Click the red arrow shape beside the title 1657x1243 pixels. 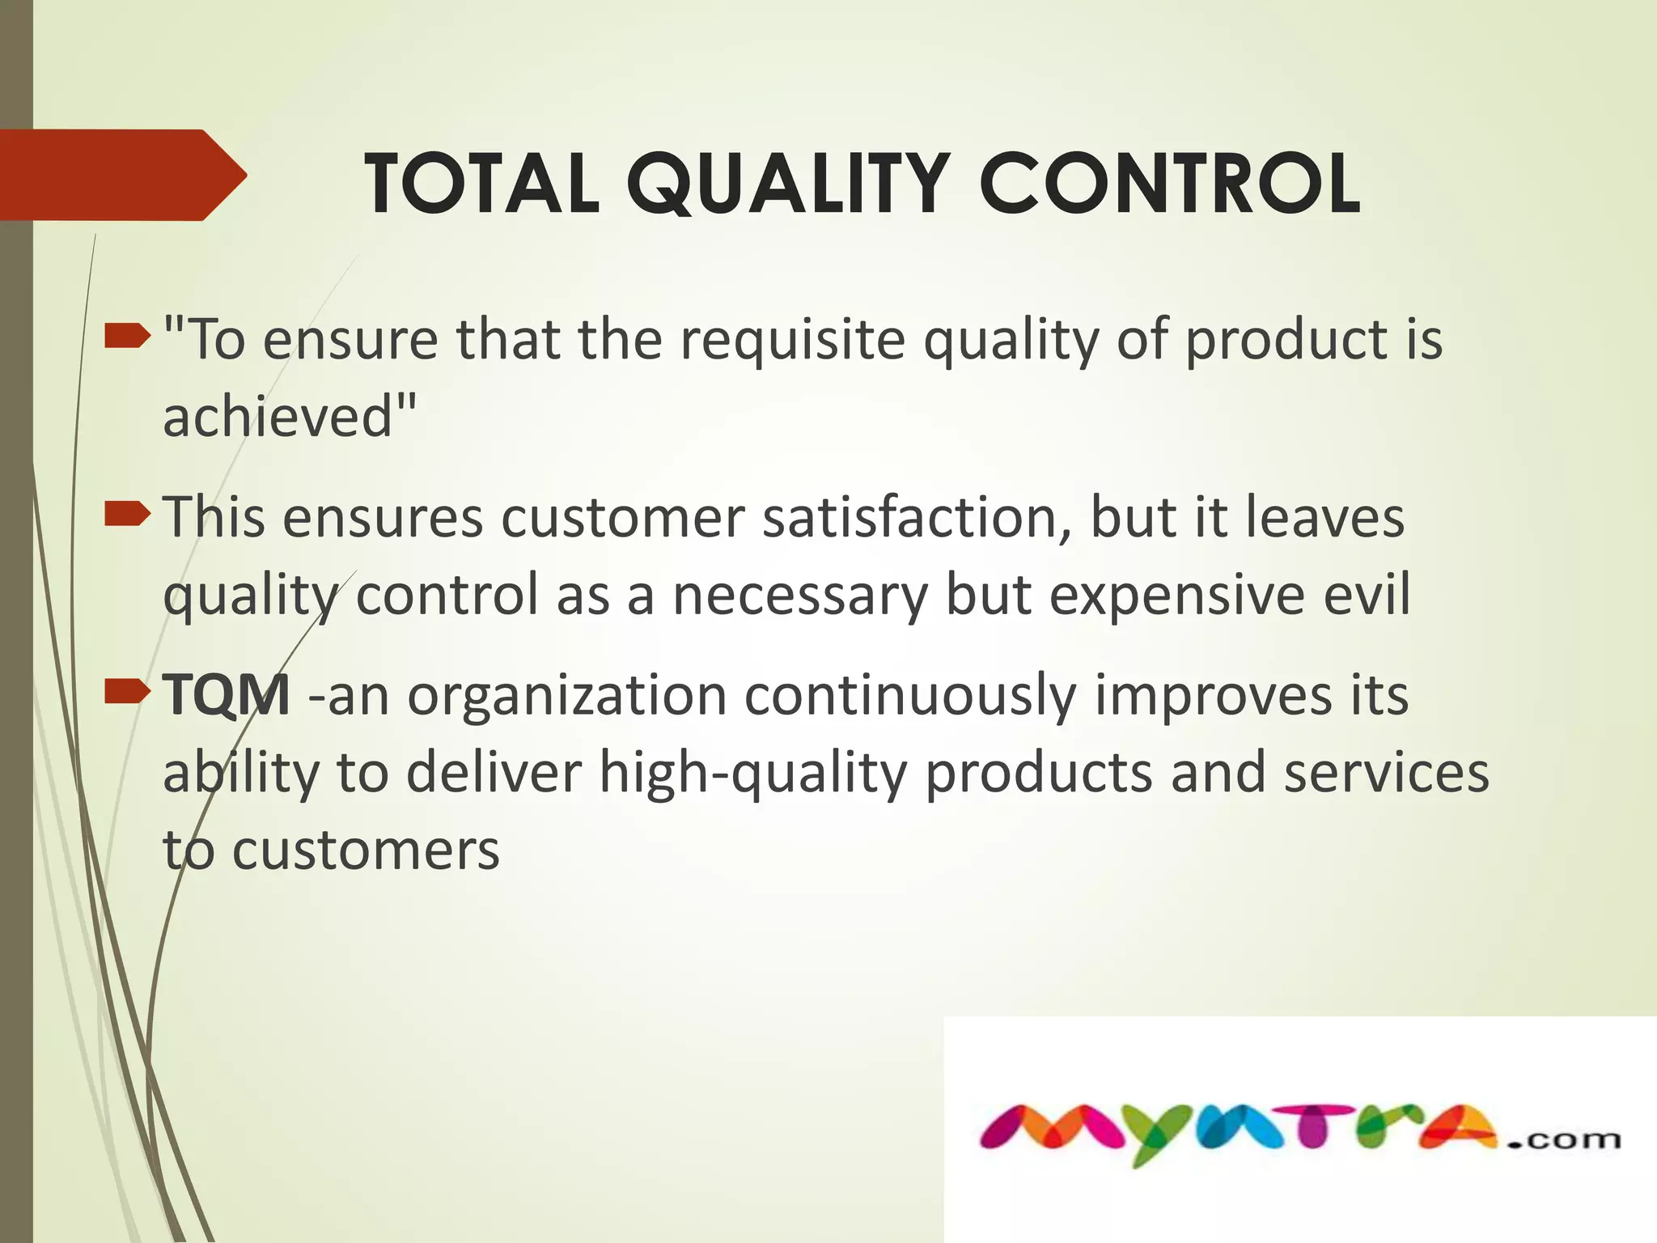tap(121, 175)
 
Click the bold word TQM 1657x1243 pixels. tap(226, 694)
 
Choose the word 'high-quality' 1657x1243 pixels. tap(753, 773)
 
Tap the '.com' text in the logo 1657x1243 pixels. tap(1563, 1139)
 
